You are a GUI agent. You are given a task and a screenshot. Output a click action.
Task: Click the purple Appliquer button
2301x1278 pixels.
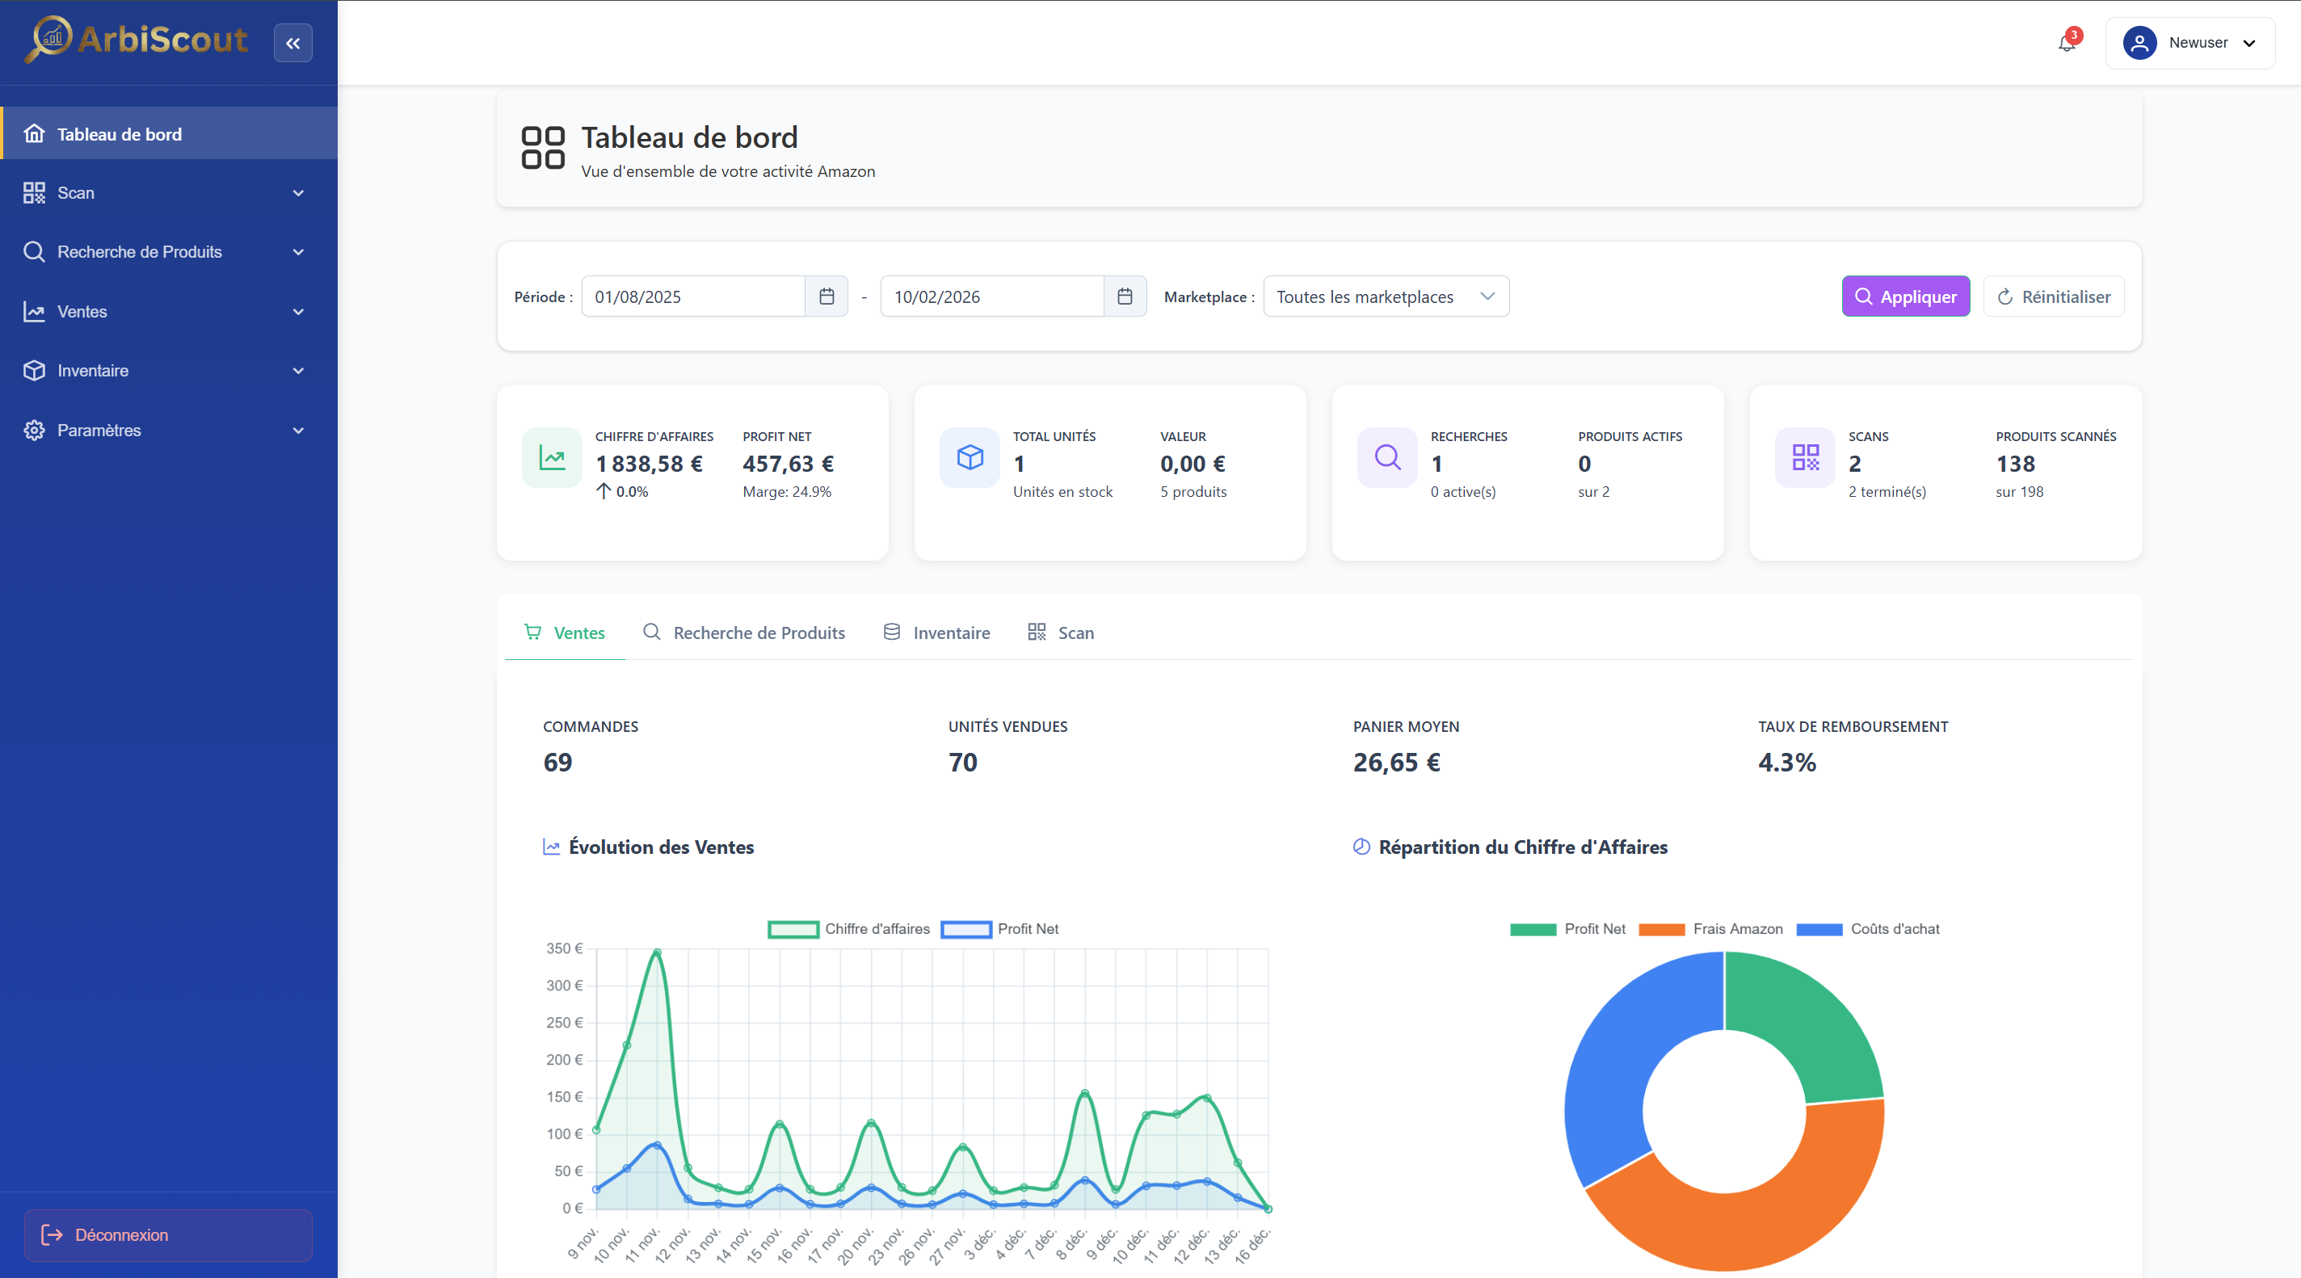(x=1905, y=296)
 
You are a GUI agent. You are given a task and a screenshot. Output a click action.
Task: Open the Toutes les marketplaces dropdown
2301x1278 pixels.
(x=1386, y=296)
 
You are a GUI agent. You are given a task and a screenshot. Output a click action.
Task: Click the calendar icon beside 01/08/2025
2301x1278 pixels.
(x=827, y=296)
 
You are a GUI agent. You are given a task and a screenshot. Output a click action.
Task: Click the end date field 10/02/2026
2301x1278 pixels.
(x=991, y=296)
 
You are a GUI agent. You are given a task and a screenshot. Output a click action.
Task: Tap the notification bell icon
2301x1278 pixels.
(x=2066, y=43)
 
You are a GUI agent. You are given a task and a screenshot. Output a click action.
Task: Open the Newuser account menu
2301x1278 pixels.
(x=2190, y=43)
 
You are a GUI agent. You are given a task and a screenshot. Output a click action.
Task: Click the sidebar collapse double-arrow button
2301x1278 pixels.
(x=293, y=43)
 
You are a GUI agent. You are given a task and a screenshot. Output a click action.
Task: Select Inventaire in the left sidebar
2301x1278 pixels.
(x=93, y=371)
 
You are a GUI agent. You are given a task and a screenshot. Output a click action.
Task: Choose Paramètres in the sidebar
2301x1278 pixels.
(x=99, y=431)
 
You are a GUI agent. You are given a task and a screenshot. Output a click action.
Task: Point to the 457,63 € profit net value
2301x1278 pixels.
(x=788, y=465)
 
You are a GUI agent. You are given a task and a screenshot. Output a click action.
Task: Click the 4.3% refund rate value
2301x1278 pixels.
(x=1786, y=763)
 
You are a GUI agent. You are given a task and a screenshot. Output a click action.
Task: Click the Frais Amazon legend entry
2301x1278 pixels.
(x=1736, y=929)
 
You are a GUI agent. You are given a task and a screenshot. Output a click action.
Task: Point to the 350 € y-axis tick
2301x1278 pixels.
(x=565, y=948)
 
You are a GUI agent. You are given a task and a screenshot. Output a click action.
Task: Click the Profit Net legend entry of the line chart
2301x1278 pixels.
(x=1027, y=929)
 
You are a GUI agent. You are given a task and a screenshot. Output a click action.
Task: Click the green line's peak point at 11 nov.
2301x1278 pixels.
(x=658, y=952)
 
